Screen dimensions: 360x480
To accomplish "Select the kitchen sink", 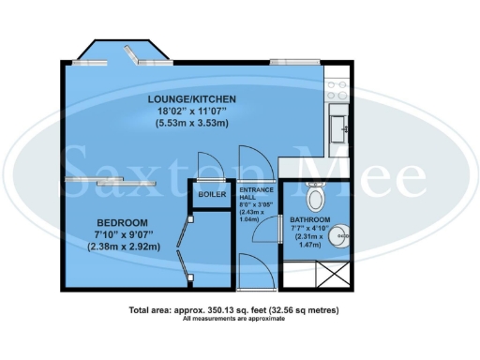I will point(338,122).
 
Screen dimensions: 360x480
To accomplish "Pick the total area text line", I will point(234,309).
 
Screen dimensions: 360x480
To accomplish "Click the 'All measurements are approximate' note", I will point(234,320).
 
